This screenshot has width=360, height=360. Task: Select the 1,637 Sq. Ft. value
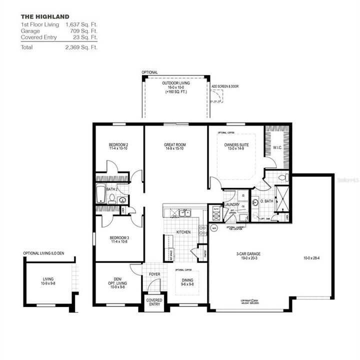point(81,24)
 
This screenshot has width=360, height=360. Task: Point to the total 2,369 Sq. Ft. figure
point(81,47)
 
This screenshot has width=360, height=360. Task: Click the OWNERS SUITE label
point(235,145)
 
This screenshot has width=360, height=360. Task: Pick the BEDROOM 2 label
point(119,145)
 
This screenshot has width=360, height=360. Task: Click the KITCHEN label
point(183,232)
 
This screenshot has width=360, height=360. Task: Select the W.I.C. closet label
point(278,147)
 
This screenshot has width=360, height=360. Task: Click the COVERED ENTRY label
point(153,302)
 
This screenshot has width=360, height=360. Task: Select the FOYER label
point(154,274)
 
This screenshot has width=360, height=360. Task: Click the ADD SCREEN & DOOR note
point(224,86)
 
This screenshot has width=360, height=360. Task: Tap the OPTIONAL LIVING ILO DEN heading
point(44,253)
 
